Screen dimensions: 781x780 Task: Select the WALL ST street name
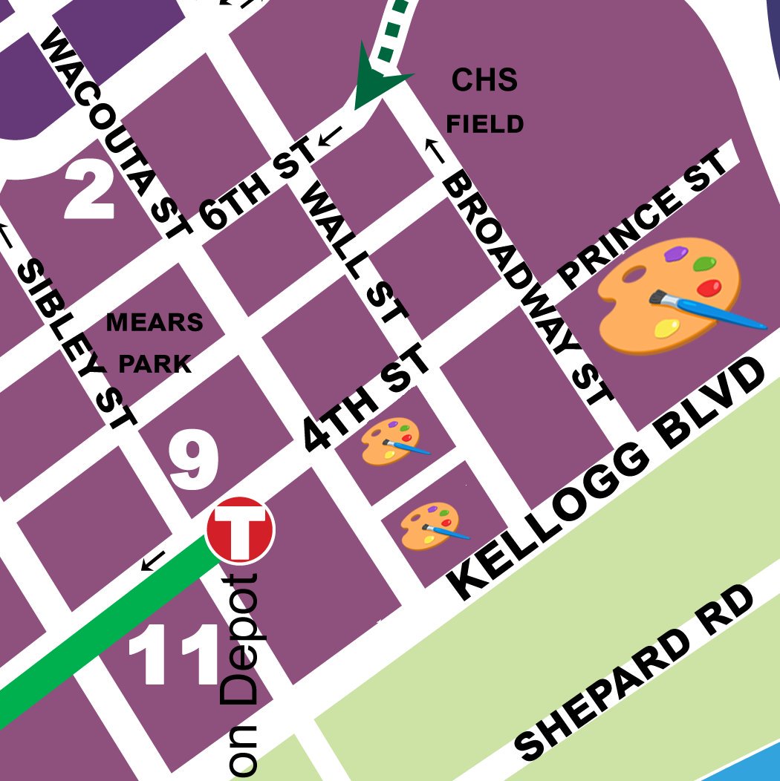(357, 252)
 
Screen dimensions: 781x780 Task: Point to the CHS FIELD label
(484, 101)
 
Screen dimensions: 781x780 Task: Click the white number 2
(89, 191)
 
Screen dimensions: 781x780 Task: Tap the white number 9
(193, 460)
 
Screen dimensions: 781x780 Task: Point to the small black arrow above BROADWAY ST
(434, 151)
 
